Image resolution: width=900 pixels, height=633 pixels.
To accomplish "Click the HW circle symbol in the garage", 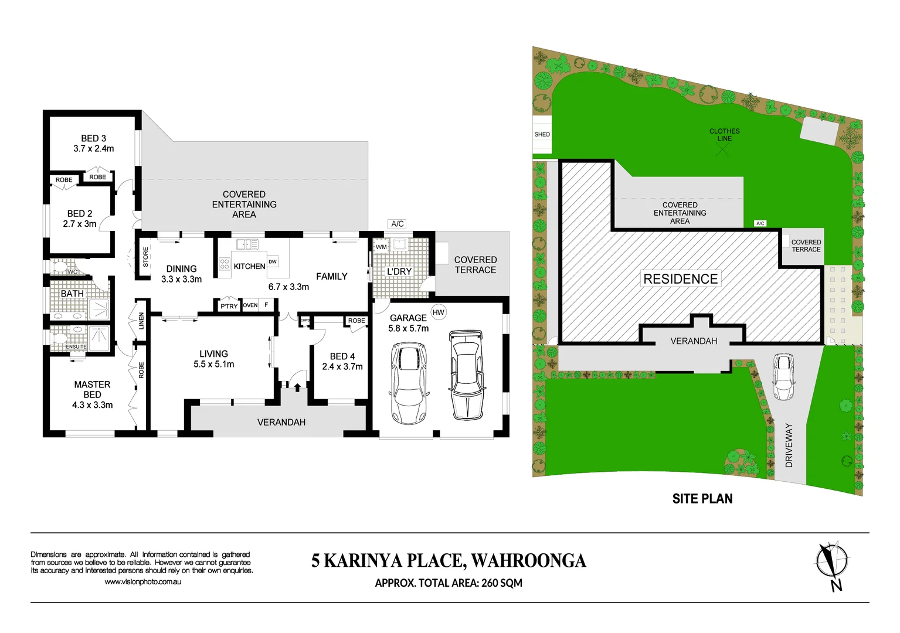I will click(x=439, y=312).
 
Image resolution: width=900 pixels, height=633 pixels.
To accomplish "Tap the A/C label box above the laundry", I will click(x=398, y=224).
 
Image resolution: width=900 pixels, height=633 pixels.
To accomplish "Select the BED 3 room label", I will click(x=94, y=138).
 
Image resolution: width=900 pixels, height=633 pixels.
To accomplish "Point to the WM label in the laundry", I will click(x=381, y=247).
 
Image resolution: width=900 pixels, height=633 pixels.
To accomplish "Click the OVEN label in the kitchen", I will click(x=250, y=305).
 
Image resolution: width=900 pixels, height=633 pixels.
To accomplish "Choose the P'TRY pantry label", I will click(x=229, y=306).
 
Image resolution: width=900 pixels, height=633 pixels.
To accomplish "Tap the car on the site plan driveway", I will click(x=784, y=377).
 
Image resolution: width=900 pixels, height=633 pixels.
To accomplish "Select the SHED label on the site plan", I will click(x=542, y=134).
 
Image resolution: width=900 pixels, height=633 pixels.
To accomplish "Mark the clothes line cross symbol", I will click(x=723, y=150).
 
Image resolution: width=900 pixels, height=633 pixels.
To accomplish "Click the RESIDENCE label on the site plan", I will click(x=681, y=279).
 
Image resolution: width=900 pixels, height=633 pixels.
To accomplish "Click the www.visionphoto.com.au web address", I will click(x=142, y=582).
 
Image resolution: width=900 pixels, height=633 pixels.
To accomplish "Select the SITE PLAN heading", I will click(x=702, y=499).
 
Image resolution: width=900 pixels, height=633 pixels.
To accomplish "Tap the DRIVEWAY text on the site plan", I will click(x=789, y=445).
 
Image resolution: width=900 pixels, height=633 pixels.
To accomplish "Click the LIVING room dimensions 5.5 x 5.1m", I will click(x=214, y=365).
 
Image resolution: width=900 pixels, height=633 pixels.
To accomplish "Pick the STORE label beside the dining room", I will click(x=146, y=257).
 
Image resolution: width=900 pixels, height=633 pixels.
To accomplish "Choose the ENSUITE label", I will click(x=76, y=347).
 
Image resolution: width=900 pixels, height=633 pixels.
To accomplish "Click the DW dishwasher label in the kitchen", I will click(x=273, y=261).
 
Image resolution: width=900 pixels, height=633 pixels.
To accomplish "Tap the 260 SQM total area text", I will click(x=502, y=583).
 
